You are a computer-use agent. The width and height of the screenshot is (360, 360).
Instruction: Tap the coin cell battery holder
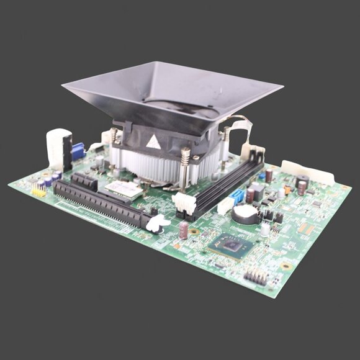click(245, 215)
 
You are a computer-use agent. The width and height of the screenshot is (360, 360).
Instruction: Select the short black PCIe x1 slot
click(85, 182)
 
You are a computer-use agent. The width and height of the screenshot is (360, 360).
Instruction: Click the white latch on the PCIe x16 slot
click(157, 222)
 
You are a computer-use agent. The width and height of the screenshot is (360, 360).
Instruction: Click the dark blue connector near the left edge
click(78, 151)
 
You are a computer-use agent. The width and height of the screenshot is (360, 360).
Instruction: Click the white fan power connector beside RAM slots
click(184, 204)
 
